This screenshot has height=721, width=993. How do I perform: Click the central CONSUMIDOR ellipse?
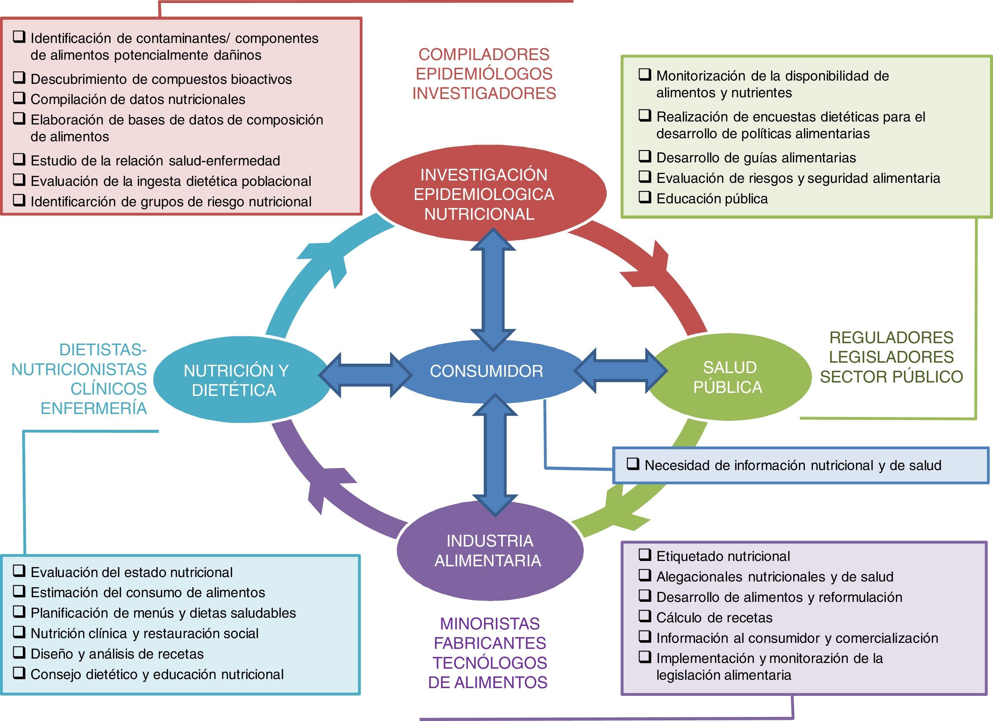coord(486,371)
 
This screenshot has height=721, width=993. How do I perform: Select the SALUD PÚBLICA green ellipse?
coord(729,377)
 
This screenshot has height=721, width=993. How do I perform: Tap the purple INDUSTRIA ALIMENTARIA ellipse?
coord(490,551)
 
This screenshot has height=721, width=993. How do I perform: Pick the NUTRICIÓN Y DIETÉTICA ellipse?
coord(237,380)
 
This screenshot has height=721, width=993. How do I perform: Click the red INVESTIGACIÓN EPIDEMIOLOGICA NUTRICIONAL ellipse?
coord(484,194)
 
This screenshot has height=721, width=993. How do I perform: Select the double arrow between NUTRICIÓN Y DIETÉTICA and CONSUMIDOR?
coord(365,375)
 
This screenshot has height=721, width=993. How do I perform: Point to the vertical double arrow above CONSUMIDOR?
coord(493,289)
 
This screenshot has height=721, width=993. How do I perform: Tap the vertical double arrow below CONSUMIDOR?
coord(495,455)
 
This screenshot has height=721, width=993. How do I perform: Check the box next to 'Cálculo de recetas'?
coord(644,616)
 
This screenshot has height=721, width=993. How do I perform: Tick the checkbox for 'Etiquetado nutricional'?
coord(644,555)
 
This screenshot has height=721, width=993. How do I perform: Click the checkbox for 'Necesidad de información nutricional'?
coord(633,464)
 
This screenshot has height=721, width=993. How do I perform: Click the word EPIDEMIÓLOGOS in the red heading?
coord(484,74)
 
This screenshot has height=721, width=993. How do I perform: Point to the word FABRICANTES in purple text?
coord(490,643)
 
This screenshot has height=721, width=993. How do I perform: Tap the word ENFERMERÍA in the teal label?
coord(94,408)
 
